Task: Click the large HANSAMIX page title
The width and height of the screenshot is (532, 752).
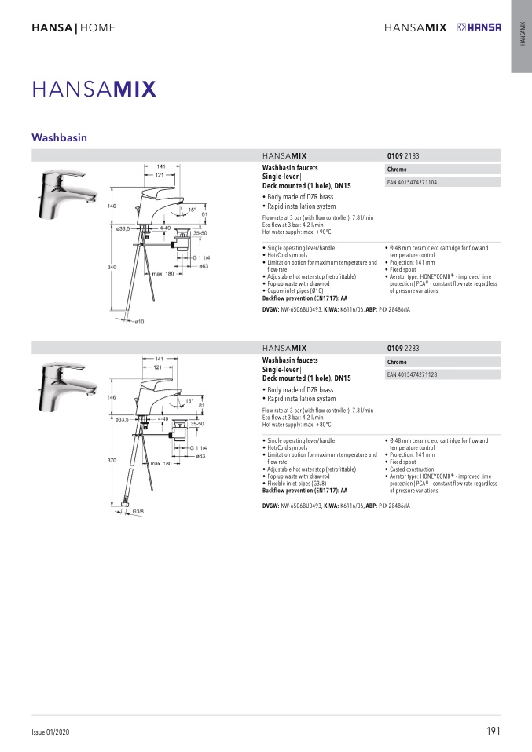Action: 94,88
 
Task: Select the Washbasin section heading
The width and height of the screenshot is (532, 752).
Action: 59,137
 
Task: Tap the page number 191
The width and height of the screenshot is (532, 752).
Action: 493,731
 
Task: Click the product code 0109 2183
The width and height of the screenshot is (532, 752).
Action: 404,156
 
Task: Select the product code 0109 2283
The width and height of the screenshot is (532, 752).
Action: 404,348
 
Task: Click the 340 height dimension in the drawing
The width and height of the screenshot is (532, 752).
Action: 112,268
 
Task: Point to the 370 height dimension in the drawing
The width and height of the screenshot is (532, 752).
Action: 112,459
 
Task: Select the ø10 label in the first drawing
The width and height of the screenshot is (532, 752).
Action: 138,321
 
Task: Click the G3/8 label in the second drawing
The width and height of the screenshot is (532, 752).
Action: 137,512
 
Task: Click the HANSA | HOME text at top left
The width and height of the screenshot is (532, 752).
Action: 73,28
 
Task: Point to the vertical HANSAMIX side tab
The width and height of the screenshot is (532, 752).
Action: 522,36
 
